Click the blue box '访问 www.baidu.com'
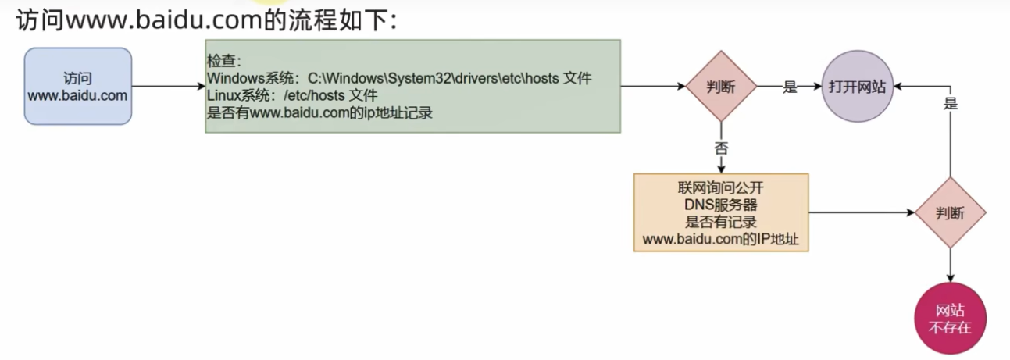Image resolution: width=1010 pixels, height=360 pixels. pyautogui.click(x=78, y=86)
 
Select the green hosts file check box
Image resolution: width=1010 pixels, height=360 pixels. pyautogui.click(x=412, y=86)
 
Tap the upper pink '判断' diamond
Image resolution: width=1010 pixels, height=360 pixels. pyautogui.click(x=721, y=86)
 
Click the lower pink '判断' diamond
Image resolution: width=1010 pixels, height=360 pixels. pyautogui.click(x=950, y=212)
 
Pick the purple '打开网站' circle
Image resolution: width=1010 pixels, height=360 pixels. pyautogui.click(x=857, y=87)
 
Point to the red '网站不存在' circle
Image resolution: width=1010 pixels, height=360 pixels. pyautogui.click(x=950, y=319)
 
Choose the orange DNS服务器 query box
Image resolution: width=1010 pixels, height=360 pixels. pyautogui.click(x=721, y=212)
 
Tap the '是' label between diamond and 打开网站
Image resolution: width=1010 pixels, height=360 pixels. pyautogui.click(x=790, y=87)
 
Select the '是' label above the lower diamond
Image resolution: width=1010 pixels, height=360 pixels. pyautogui.click(x=950, y=103)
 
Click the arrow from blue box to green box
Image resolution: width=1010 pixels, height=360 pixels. pyautogui.click(x=168, y=86)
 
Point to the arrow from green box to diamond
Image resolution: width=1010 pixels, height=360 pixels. pyautogui.click(x=652, y=86)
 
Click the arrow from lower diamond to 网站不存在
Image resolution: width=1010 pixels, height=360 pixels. pyautogui.click(x=950, y=266)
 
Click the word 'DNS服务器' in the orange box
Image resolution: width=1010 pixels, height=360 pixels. pyautogui.click(x=720, y=205)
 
